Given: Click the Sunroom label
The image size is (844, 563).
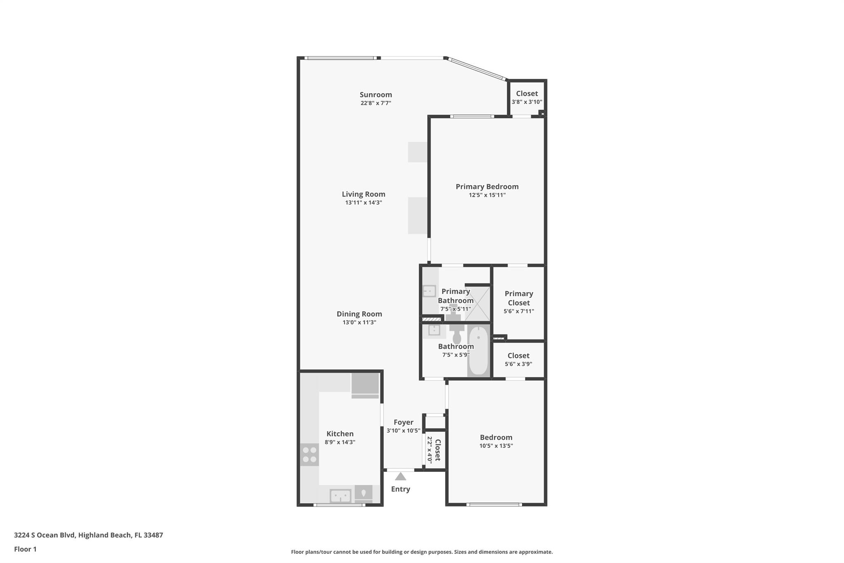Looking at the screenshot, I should coord(375,94).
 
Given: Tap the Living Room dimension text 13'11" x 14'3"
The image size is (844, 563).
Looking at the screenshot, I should coord(363,203).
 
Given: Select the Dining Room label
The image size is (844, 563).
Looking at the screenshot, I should coord(359,314).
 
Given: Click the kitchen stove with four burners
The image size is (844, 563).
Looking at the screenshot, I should coord(309,455).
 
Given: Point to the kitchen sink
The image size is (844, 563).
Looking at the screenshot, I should coord(340,495).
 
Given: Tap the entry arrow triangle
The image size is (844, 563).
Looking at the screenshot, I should coord(401,477).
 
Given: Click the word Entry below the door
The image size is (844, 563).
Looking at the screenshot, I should coord(401,489).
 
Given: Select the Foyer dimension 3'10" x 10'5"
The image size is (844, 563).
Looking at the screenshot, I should coord(403,431).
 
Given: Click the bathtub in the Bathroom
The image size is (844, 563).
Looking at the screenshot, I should coord(478,351).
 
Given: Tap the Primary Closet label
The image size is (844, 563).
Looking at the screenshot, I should coord(518,298).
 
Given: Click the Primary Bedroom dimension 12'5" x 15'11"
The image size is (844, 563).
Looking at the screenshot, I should coord(487,195).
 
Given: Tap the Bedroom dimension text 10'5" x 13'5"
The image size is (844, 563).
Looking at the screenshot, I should coord(496,446).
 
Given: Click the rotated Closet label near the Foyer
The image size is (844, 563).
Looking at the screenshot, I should coord(438,450).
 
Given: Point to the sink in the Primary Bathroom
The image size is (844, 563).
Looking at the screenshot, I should coord(429,291).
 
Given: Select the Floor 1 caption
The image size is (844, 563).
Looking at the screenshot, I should coord(25,549).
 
